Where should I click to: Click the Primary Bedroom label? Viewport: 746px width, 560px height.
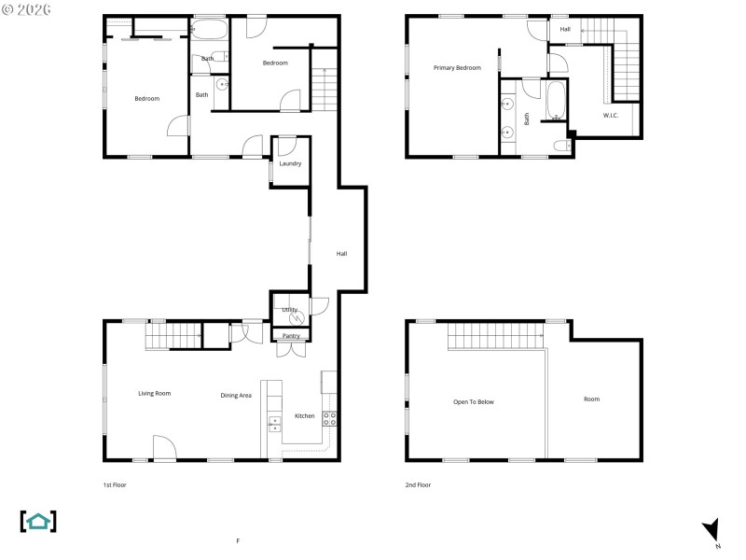pyautogui.click(x=457, y=67)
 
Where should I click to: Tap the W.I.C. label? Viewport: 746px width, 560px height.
pyautogui.click(x=611, y=115)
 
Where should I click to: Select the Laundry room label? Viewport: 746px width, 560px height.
pyautogui.click(x=290, y=163)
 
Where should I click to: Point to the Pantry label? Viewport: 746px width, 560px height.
pyautogui.click(x=291, y=336)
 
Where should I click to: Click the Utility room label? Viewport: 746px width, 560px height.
pyautogui.click(x=289, y=309)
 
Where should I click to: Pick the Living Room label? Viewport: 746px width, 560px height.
pyautogui.click(x=155, y=393)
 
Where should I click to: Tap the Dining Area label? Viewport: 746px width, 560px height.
pyautogui.click(x=236, y=395)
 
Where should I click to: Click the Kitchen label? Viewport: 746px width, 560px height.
pyautogui.click(x=305, y=415)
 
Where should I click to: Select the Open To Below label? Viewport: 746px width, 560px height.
pyautogui.click(x=474, y=401)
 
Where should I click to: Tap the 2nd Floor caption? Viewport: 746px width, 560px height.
pyautogui.click(x=418, y=484)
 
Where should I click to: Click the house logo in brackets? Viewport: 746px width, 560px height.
pyautogui.click(x=38, y=521)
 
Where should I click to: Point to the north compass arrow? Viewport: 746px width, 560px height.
pyautogui.click(x=712, y=531)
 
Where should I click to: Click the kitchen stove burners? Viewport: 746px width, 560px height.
pyautogui.click(x=329, y=418)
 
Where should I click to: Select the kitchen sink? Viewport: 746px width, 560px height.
pyautogui.click(x=274, y=425)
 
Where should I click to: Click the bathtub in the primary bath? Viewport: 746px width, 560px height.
pyautogui.click(x=556, y=102)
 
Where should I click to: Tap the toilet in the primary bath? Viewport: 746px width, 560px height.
pyautogui.click(x=561, y=145)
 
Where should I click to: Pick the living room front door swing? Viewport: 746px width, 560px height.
pyautogui.click(x=164, y=447)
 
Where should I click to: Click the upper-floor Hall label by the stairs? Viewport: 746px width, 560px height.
pyautogui.click(x=565, y=30)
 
